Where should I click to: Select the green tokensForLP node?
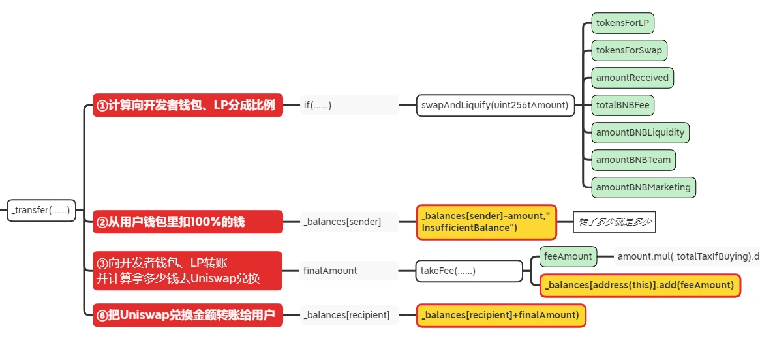pos(622,23)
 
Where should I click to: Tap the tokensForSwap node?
pos(629,50)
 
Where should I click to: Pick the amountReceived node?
pos(632,78)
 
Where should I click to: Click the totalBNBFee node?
pos(622,105)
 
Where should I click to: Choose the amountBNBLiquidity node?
pos(640,132)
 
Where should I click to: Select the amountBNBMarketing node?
pos(643,187)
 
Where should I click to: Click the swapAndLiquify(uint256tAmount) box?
pos(495,105)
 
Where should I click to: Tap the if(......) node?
pos(348,105)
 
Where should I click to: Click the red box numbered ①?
pos(188,105)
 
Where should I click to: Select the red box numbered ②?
pos(188,222)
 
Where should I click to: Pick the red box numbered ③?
pos(188,270)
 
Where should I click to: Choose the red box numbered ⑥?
pos(188,315)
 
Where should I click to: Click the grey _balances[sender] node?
pos(348,222)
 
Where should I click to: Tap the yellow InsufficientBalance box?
pos(486,222)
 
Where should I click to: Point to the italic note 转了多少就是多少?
pos(615,222)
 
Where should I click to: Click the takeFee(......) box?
pos(469,270)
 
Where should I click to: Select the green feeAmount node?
pos(568,256)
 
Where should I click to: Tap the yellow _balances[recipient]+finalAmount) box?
pos(501,315)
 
